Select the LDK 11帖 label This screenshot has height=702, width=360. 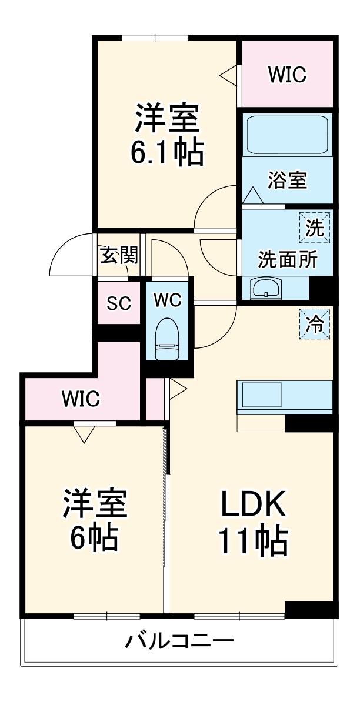253,522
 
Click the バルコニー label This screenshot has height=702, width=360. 179,640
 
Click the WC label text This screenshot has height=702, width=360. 168,300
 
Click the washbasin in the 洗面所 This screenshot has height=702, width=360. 266,289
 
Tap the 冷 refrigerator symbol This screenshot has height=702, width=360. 315,323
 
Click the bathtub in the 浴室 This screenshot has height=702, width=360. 286,135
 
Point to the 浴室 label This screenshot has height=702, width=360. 287,180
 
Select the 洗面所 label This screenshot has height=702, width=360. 288,259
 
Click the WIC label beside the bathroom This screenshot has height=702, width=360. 287,75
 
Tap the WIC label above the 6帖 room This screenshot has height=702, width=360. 81,399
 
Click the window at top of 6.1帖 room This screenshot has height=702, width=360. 155,38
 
